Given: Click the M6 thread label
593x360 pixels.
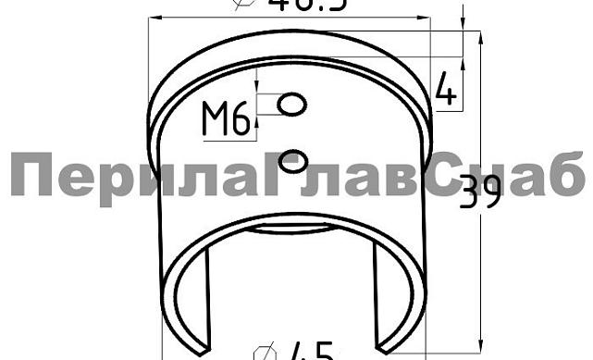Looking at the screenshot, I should pyautogui.click(x=227, y=119).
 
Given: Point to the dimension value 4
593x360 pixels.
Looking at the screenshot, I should pyautogui.click(x=446, y=90).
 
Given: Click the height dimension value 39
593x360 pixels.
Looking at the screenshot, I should pyautogui.click(x=480, y=192).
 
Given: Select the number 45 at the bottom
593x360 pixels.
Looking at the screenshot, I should pyautogui.click(x=311, y=352).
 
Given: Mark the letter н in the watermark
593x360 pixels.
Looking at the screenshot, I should pyautogui.click(x=493, y=180).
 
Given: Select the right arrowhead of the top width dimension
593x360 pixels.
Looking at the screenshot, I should pyautogui.click(x=428, y=19).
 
